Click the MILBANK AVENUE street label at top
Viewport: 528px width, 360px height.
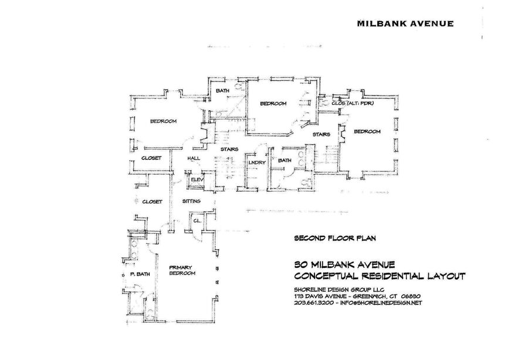click(x=405, y=23)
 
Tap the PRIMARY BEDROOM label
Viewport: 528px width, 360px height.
click(x=182, y=270)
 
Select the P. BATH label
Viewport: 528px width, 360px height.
click(x=140, y=274)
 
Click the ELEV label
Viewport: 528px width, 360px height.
click(x=197, y=179)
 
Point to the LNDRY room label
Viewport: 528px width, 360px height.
click(x=257, y=163)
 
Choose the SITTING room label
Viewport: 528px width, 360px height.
click(x=191, y=201)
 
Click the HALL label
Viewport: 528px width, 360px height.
click(x=193, y=158)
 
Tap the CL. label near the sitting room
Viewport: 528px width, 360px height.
click(x=197, y=220)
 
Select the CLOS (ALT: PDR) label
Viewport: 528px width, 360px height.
click(x=353, y=103)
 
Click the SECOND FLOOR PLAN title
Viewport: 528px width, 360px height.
click(x=335, y=238)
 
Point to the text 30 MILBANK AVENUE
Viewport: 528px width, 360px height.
click(x=344, y=264)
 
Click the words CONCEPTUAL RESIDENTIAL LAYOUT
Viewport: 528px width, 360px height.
click(x=380, y=276)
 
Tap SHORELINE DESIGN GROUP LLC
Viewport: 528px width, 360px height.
click(x=339, y=290)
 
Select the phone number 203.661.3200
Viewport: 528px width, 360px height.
click(x=314, y=303)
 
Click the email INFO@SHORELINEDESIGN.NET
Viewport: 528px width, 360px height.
click(x=381, y=303)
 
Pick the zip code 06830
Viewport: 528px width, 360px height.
click(x=411, y=297)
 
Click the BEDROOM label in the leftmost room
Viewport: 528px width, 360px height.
click(x=163, y=121)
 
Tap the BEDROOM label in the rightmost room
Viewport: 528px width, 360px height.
click(x=367, y=131)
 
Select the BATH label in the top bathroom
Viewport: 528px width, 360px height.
click(x=222, y=91)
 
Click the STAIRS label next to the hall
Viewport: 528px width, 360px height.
click(x=229, y=149)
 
